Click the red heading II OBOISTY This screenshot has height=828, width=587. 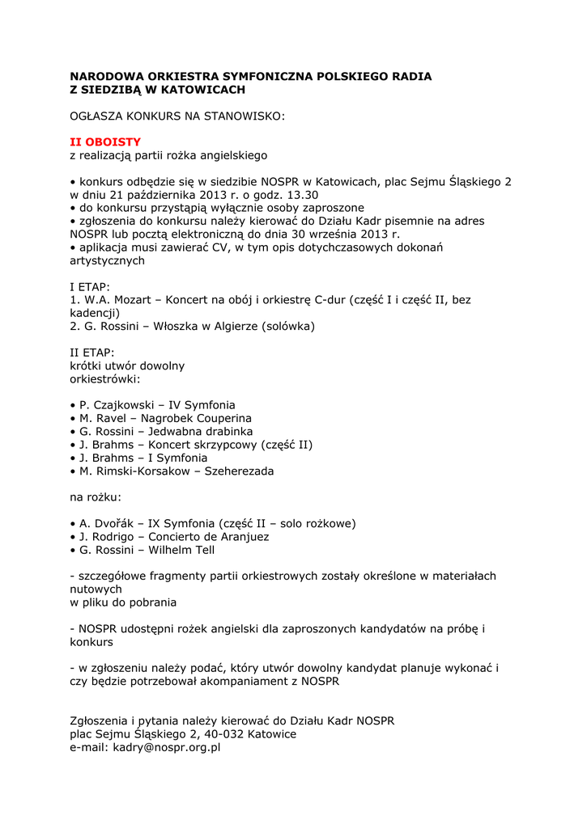[x=105, y=142]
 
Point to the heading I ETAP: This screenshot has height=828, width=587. [x=90, y=286]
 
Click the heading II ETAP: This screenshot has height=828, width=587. [x=92, y=353]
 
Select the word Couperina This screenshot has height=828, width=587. [x=215, y=419]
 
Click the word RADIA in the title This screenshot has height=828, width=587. [x=410, y=76]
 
